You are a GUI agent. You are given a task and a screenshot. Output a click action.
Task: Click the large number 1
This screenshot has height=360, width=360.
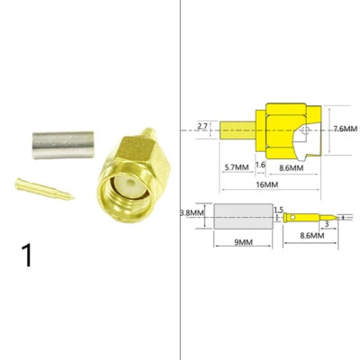[x=28, y=253]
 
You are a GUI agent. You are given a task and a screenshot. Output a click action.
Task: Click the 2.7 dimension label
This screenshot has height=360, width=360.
[x=202, y=127]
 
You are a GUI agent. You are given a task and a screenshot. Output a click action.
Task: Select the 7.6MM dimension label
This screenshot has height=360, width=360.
[x=344, y=129]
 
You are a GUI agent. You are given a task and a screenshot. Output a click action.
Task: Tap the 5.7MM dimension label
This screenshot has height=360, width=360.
[x=237, y=167]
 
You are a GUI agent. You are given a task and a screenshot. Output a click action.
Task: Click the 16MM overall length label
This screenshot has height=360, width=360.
[x=267, y=184]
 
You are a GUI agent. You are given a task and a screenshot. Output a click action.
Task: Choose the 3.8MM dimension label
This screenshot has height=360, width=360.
[x=191, y=213]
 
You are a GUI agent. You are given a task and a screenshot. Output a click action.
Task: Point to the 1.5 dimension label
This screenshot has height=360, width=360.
[x=278, y=210]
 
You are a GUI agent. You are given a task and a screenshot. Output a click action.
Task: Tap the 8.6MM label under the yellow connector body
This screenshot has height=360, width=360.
[x=290, y=167]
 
